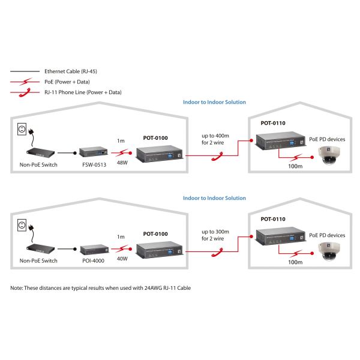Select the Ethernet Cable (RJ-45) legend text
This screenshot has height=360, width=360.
point(71,71)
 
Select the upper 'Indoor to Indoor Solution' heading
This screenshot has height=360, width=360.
point(214,102)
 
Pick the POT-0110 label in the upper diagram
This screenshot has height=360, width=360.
point(273,123)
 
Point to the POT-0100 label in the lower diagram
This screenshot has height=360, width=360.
point(155,233)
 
